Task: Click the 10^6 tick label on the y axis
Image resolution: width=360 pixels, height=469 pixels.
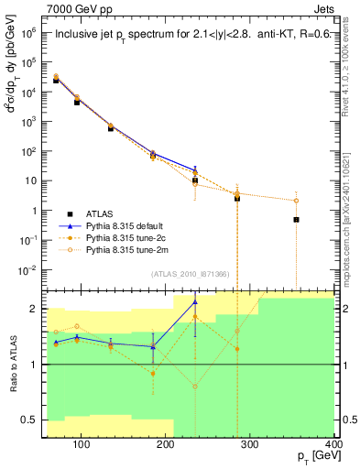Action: tap(30, 31)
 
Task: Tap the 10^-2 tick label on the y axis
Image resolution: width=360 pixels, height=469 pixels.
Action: tap(30, 269)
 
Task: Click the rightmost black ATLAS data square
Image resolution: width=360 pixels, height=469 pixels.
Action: tap(296, 220)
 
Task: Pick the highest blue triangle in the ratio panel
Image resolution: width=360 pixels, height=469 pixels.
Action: tap(194, 301)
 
